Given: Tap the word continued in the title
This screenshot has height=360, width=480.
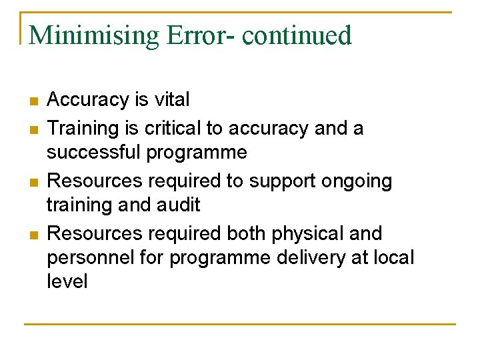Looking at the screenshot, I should [297, 35].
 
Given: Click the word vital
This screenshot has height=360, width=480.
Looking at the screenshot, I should [171, 100].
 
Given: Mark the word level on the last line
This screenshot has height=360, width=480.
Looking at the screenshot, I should [67, 281].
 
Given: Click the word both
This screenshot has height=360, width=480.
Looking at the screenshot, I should [245, 234].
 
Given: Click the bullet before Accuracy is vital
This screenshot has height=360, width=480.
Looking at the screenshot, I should [34, 102].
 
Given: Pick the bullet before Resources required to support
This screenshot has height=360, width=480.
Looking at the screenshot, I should [34, 182].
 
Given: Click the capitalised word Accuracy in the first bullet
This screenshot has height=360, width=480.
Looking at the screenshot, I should [88, 100].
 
